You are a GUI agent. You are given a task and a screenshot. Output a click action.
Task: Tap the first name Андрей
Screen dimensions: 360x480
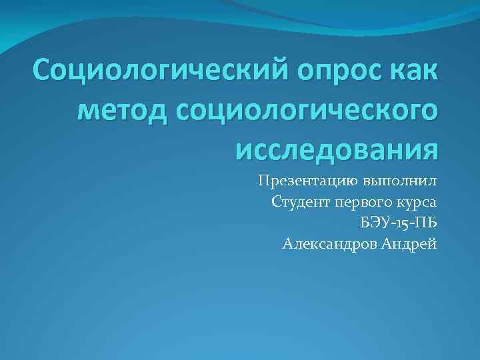[x=411, y=244]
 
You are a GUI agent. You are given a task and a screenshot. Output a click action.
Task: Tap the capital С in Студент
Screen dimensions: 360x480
[x=277, y=202]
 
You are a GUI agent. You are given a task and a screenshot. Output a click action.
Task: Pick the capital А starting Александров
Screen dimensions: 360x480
[x=287, y=244]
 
